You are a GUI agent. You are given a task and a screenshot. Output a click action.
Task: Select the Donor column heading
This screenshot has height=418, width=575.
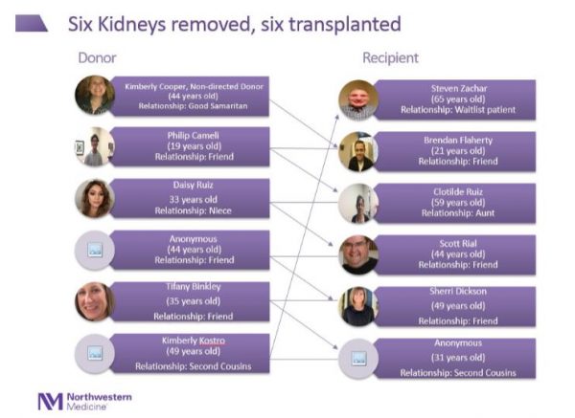click(98, 58)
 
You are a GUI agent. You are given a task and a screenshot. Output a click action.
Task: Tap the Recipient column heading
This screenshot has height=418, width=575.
click(390, 58)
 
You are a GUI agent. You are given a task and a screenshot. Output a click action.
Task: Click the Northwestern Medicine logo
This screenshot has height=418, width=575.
click(83, 399)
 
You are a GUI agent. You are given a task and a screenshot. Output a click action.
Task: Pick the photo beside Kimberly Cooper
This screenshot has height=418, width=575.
click(94, 96)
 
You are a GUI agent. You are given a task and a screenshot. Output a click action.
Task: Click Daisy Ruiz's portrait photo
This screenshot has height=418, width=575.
click(94, 198)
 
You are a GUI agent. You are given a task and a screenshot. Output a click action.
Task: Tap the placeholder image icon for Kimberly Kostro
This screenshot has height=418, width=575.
click(94, 353)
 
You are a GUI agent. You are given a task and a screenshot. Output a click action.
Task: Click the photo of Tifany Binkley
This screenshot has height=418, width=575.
click(94, 300)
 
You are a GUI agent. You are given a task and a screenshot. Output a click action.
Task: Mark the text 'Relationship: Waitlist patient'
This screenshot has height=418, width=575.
click(444, 110)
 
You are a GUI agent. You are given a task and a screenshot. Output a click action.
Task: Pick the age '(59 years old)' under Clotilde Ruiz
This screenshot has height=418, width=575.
click(444, 202)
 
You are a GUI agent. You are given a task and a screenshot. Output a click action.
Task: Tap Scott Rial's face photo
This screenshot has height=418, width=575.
click(358, 254)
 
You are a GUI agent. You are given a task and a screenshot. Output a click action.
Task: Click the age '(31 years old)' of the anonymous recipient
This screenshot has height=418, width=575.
click(444, 356)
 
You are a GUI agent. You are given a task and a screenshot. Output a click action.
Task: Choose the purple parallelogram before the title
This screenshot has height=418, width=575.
click(32, 23)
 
